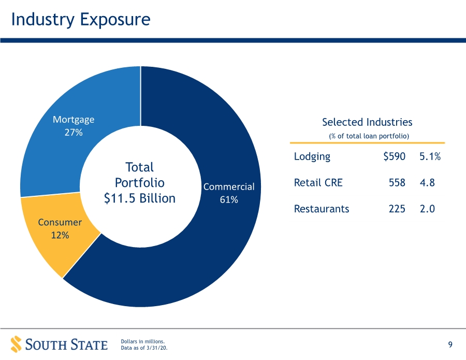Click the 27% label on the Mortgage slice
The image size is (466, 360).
click(x=74, y=132)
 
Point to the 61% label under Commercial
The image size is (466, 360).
click(x=229, y=199)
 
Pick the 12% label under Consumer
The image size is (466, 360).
click(x=60, y=235)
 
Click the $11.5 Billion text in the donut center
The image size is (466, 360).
click(x=140, y=198)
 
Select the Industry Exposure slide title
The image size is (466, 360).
click(x=81, y=20)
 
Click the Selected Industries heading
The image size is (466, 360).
click(x=367, y=122)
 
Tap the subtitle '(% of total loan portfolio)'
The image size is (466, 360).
click(x=369, y=136)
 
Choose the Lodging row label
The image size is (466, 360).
click(x=312, y=156)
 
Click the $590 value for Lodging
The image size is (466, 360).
click(x=395, y=156)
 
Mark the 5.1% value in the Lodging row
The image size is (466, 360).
click(x=430, y=156)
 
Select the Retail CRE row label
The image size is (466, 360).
click(x=318, y=182)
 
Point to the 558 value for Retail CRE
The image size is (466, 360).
click(x=397, y=182)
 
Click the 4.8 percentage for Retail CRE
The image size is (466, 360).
click(x=427, y=182)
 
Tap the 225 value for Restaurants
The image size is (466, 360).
click(x=397, y=209)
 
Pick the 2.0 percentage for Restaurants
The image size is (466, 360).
click(x=427, y=209)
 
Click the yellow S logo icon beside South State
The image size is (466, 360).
click(x=17, y=344)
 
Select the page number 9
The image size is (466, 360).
click(x=450, y=344)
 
